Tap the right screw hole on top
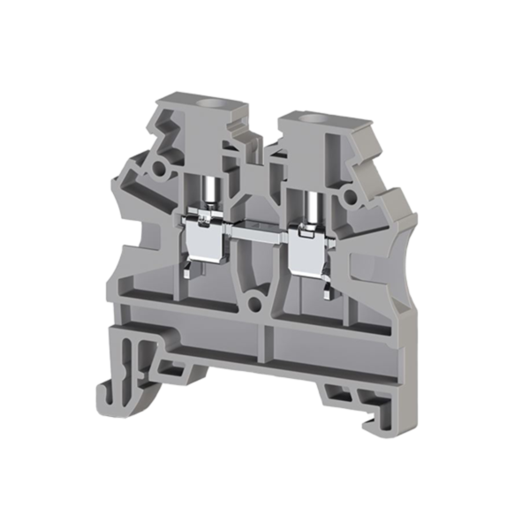(x=310, y=117)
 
